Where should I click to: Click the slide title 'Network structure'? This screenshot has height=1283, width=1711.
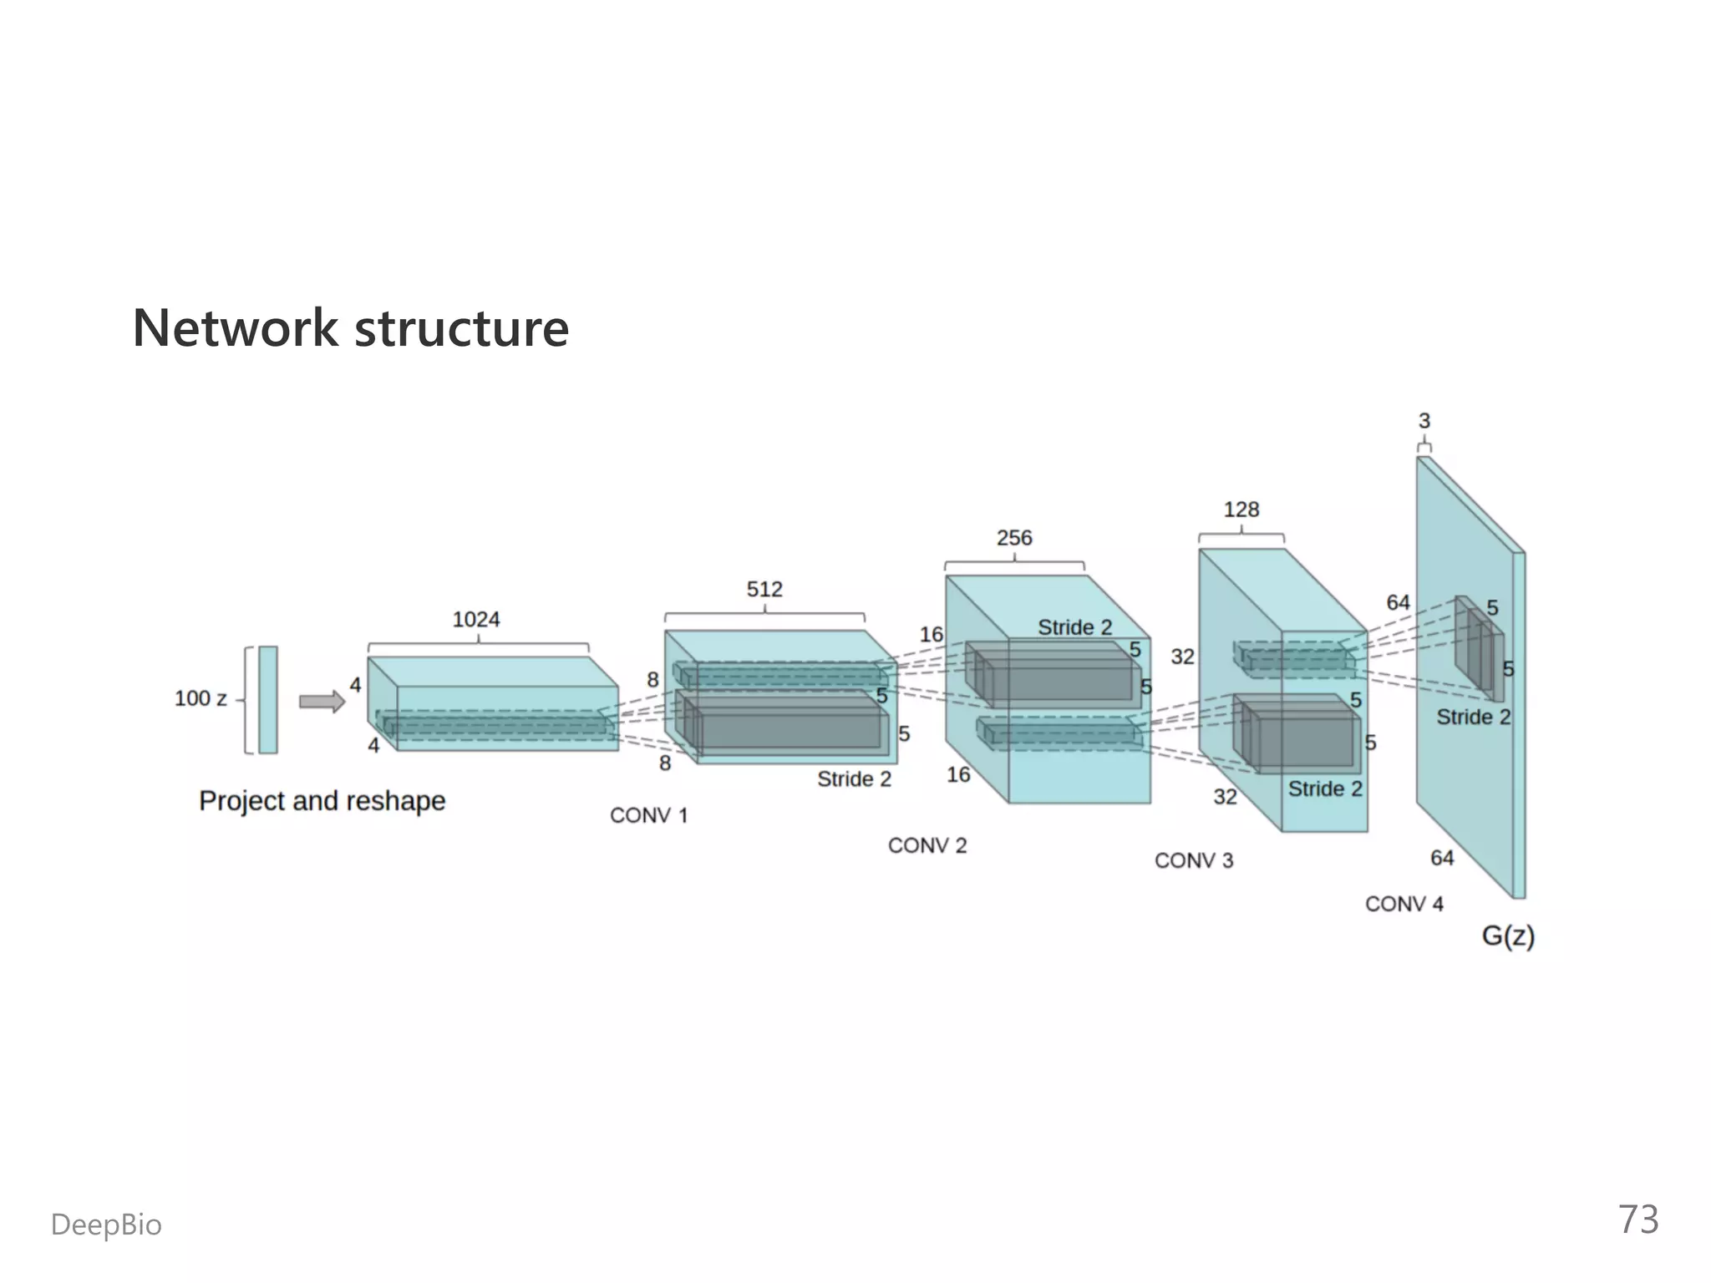tap(350, 327)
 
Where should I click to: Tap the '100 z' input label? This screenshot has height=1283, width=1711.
tap(201, 698)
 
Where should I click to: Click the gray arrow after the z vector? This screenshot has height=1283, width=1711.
tap(322, 702)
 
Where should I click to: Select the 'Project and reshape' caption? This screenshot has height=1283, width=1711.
tap(322, 800)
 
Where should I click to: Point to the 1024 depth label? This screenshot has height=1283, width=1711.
tap(475, 620)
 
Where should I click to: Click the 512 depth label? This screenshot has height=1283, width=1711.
tap(764, 590)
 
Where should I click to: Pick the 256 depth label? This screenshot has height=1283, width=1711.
tap(1014, 538)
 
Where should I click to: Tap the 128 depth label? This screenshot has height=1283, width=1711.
tap(1241, 510)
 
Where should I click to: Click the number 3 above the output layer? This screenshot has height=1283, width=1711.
tap(1424, 421)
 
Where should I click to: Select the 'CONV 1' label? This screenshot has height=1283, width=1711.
tap(648, 815)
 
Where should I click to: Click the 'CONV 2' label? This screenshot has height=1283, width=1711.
tap(927, 845)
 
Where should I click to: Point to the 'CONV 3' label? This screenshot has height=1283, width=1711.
tap(1194, 860)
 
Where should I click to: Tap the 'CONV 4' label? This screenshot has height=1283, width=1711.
tap(1404, 904)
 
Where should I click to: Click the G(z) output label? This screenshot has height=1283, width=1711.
tap(1508, 936)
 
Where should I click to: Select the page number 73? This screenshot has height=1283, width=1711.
tap(1638, 1220)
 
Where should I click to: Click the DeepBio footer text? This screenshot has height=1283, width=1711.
tap(106, 1225)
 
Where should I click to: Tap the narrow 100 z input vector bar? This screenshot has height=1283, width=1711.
tap(267, 700)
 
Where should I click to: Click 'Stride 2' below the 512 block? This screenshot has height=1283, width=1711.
tap(854, 779)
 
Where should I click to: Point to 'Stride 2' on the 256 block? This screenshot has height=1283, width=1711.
tap(1074, 627)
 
